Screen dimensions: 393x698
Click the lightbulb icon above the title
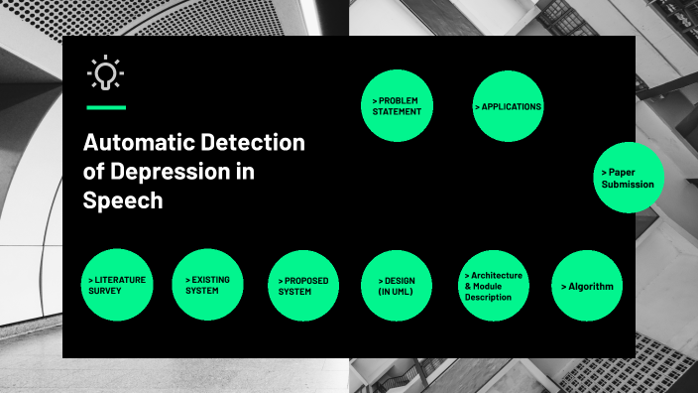[105, 73]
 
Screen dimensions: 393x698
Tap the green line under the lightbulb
[106, 106]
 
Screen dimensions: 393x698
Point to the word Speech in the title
[124, 199]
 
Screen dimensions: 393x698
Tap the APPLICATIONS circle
[508, 106]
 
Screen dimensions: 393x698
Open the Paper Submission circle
[629, 178]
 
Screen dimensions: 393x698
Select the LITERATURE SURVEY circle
[117, 285]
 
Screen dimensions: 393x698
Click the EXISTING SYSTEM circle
[207, 285]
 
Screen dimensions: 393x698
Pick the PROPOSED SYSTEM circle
[303, 286]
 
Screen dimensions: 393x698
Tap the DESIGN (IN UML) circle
[396, 286]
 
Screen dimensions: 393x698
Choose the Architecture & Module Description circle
[494, 286]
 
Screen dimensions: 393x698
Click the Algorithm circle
[587, 286]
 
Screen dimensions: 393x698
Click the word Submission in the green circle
[628, 184]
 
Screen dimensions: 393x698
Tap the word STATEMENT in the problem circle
[398, 112]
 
